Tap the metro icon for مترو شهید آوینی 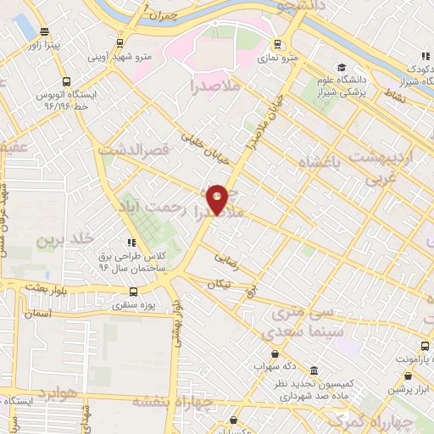tap(120, 42)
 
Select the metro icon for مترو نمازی tap(277, 44)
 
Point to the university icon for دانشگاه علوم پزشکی tap(341, 67)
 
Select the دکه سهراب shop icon tap(274, 353)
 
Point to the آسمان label tap(38, 314)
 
